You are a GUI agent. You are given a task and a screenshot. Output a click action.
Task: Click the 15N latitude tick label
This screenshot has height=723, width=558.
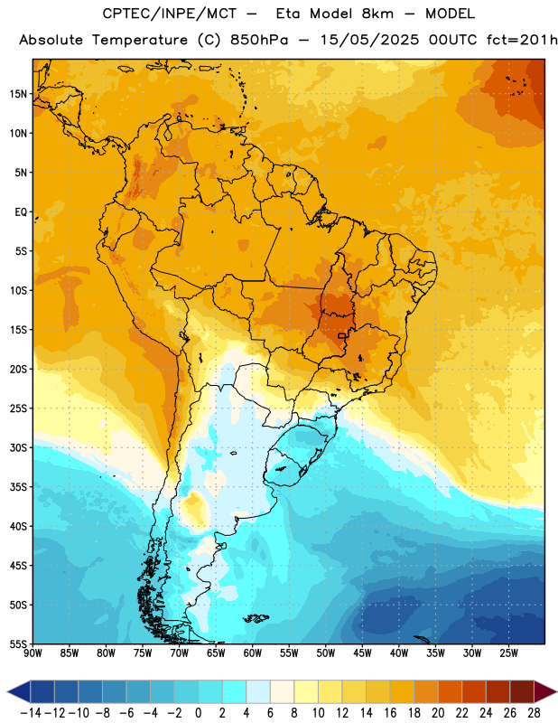point(18,94)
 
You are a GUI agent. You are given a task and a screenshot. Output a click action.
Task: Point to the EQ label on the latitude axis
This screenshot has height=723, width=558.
point(21,212)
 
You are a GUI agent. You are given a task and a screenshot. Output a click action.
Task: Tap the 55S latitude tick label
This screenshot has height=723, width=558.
point(18,643)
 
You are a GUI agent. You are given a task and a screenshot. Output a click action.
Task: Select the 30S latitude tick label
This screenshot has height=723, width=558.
point(18,447)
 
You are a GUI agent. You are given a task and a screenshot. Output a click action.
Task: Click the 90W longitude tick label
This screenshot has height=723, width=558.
point(33,653)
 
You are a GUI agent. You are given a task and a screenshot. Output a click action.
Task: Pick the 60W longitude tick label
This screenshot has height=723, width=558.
point(253,653)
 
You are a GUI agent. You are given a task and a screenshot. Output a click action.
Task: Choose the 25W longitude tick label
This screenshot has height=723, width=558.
point(508,653)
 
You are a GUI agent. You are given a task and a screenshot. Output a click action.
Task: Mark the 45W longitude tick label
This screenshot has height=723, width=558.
point(362,653)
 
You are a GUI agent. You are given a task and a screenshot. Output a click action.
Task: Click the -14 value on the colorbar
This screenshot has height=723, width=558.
point(31,713)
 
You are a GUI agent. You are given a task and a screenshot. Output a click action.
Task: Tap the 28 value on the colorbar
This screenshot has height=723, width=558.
point(534,713)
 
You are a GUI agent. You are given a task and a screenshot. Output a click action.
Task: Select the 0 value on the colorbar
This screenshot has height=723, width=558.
point(198,713)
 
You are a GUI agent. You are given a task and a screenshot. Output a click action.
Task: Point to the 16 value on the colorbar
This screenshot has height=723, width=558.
point(390,713)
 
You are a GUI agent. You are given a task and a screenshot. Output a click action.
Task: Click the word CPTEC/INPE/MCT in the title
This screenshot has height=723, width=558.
point(170,14)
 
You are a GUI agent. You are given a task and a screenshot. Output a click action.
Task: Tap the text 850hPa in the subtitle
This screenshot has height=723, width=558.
point(259,40)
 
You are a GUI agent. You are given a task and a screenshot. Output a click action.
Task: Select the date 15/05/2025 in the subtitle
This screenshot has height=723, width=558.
point(370,40)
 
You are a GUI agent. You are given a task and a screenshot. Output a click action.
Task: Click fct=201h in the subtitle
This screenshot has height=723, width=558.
point(522,40)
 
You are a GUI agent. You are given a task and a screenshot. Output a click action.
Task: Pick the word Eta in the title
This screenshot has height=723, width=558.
point(288,14)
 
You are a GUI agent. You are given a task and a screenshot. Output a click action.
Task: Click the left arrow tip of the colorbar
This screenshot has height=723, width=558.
point(8,691)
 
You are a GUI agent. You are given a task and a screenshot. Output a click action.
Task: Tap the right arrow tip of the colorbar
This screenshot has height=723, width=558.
point(556,691)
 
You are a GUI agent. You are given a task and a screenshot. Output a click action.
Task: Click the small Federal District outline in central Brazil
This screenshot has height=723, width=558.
point(341,335)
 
